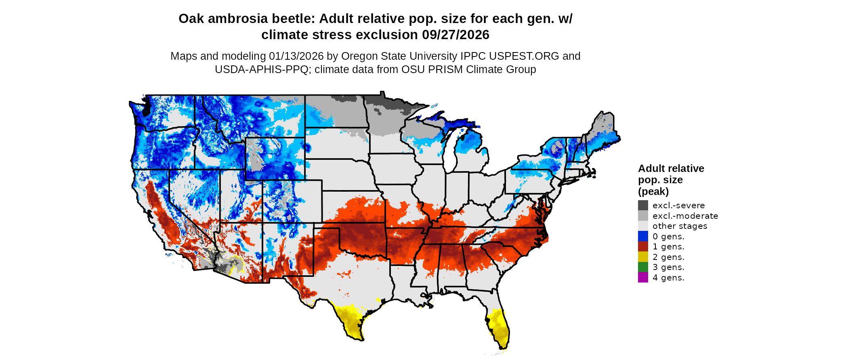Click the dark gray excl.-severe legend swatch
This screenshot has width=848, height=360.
pyautogui.click(x=643, y=205)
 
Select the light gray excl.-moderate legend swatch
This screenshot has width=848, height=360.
pyautogui.click(x=643, y=216)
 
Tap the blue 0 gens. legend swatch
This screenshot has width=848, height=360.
pyautogui.click(x=643, y=236)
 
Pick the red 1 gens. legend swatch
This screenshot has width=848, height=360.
pyautogui.click(x=643, y=246)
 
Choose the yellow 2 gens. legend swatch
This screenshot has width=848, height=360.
pyautogui.click(x=643, y=257)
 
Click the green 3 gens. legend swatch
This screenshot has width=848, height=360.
pyautogui.click(x=643, y=267)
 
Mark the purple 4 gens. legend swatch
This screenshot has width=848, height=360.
pyautogui.click(x=643, y=277)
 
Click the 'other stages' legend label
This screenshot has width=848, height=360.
pyautogui.click(x=680, y=226)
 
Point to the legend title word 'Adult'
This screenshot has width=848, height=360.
pyautogui.click(x=651, y=168)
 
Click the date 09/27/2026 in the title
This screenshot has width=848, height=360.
pyautogui.click(x=455, y=35)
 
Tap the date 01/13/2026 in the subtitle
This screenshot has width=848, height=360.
pyautogui.click(x=296, y=56)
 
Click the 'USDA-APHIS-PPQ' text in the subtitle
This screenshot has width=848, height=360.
pyautogui.click(x=262, y=69)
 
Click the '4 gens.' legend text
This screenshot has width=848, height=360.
pyautogui.click(x=668, y=277)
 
